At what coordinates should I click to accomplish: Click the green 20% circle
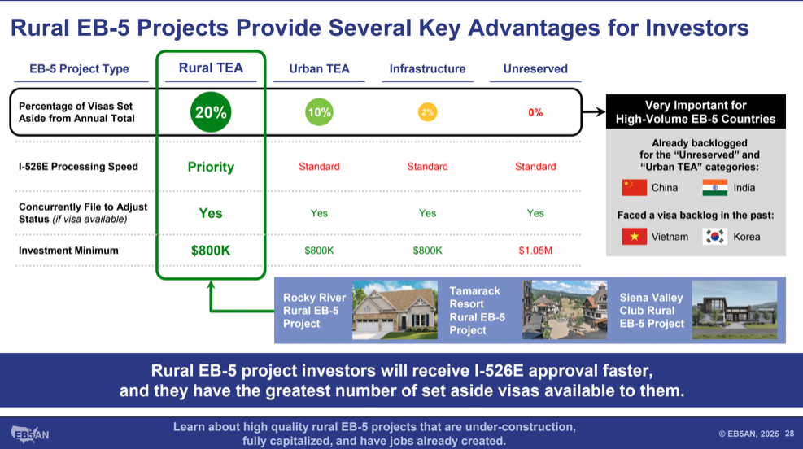click(x=211, y=112)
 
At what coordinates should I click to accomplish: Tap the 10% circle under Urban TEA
click(x=319, y=112)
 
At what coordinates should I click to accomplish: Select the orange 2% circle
click(x=428, y=112)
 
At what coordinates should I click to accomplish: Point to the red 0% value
click(x=535, y=112)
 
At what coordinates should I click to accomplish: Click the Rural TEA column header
click(x=211, y=68)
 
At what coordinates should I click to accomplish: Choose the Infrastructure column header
click(x=427, y=68)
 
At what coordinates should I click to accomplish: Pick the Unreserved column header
click(x=535, y=68)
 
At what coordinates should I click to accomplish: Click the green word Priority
click(x=211, y=167)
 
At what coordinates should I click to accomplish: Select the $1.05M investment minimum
click(x=535, y=251)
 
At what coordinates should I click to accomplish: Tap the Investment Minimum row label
click(x=68, y=251)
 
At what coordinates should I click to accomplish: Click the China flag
click(x=634, y=188)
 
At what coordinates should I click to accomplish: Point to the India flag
click(x=715, y=188)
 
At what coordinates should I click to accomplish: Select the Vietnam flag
click(x=634, y=237)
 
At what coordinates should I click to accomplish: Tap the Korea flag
click(x=715, y=237)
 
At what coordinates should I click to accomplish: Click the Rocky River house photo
click(x=395, y=310)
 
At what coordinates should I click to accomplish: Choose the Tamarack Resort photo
click(x=565, y=310)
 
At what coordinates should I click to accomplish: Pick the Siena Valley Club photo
click(x=735, y=310)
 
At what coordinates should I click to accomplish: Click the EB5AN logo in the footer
click(x=30, y=434)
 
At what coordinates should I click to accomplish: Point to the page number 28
click(x=790, y=434)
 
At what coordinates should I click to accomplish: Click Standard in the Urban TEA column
click(x=319, y=167)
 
